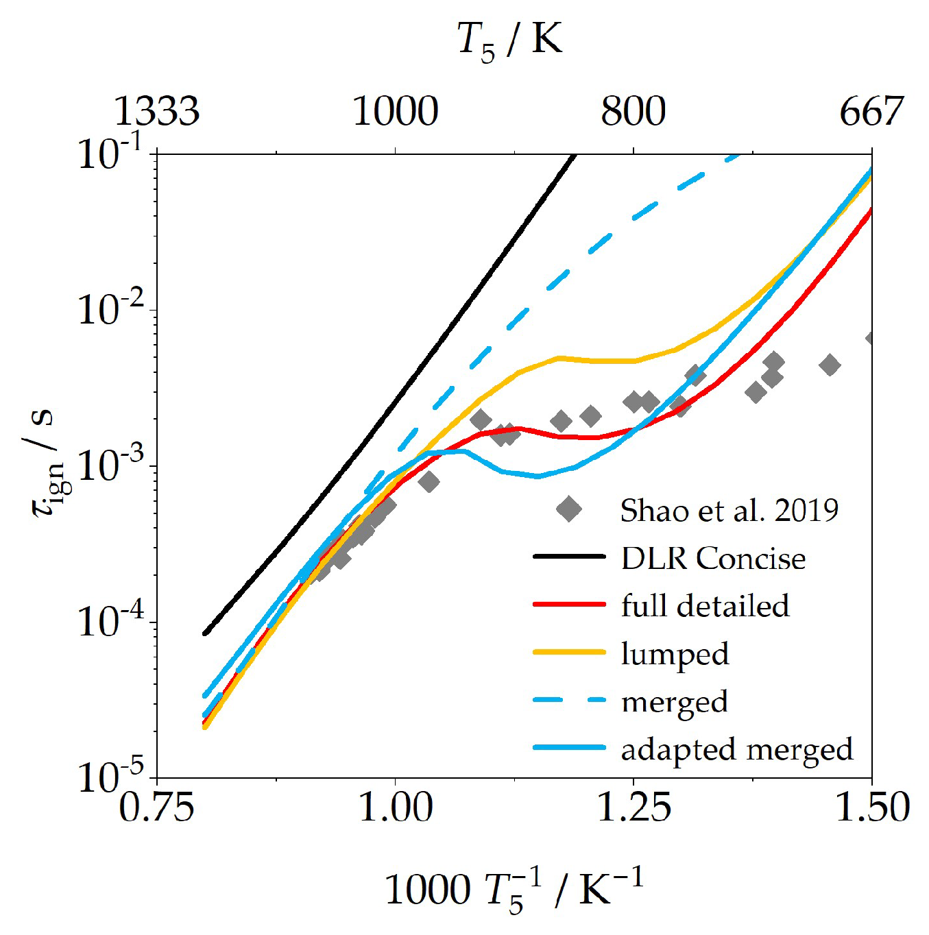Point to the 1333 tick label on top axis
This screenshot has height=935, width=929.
(x=156, y=111)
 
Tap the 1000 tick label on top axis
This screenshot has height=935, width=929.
(x=395, y=111)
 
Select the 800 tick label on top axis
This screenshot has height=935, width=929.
(x=633, y=111)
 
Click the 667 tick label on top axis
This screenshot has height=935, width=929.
(x=871, y=111)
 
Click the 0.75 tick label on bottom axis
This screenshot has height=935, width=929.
(x=156, y=807)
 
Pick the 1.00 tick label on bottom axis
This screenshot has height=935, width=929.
(x=396, y=807)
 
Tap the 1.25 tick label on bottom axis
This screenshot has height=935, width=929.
(x=634, y=807)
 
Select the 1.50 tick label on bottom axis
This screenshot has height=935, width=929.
(x=871, y=807)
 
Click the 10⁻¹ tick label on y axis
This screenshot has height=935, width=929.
(x=110, y=152)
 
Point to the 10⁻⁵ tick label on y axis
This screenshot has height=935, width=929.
(x=110, y=777)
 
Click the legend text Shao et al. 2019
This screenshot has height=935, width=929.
(x=729, y=511)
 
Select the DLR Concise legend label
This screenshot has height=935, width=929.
(x=713, y=559)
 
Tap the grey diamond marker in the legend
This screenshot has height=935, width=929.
(x=569, y=509)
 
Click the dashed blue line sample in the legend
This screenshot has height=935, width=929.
(x=569, y=701)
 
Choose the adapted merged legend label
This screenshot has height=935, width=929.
(x=737, y=749)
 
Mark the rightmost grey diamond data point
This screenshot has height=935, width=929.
(x=870, y=339)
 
